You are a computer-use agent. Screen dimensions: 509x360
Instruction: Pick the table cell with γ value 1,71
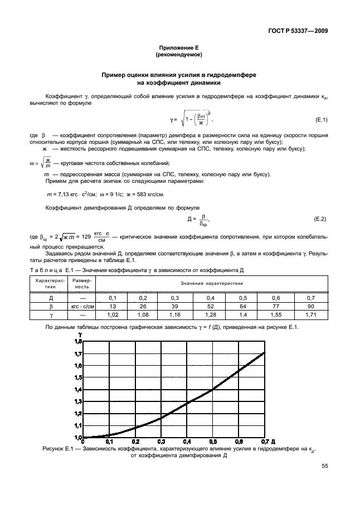pos(310,314)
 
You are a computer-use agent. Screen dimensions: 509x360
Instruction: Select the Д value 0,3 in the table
pos(174,298)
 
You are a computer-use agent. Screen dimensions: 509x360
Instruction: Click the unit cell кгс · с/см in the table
pos(82,306)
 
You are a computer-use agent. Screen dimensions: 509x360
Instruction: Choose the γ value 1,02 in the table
pos(111,314)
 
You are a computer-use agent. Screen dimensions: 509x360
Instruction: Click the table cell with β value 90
pos(310,306)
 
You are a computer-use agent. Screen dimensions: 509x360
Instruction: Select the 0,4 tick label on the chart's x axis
pos(187,441)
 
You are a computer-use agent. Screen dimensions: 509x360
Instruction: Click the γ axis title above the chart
pos(79,335)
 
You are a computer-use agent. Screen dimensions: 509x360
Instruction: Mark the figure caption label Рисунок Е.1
pos(58,448)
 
